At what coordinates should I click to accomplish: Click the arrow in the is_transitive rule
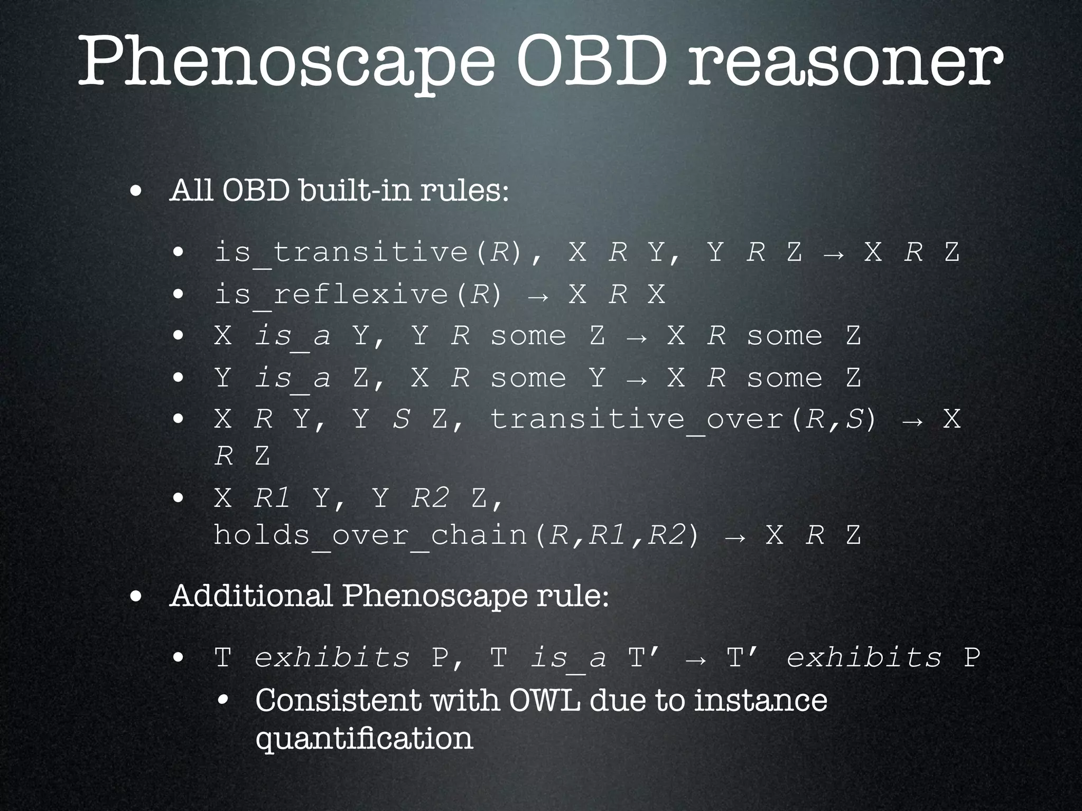(x=834, y=253)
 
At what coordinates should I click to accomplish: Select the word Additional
(x=251, y=596)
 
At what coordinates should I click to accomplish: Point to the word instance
(x=760, y=700)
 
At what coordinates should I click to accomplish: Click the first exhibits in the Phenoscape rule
(x=332, y=658)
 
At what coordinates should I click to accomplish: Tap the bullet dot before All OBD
(x=136, y=192)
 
